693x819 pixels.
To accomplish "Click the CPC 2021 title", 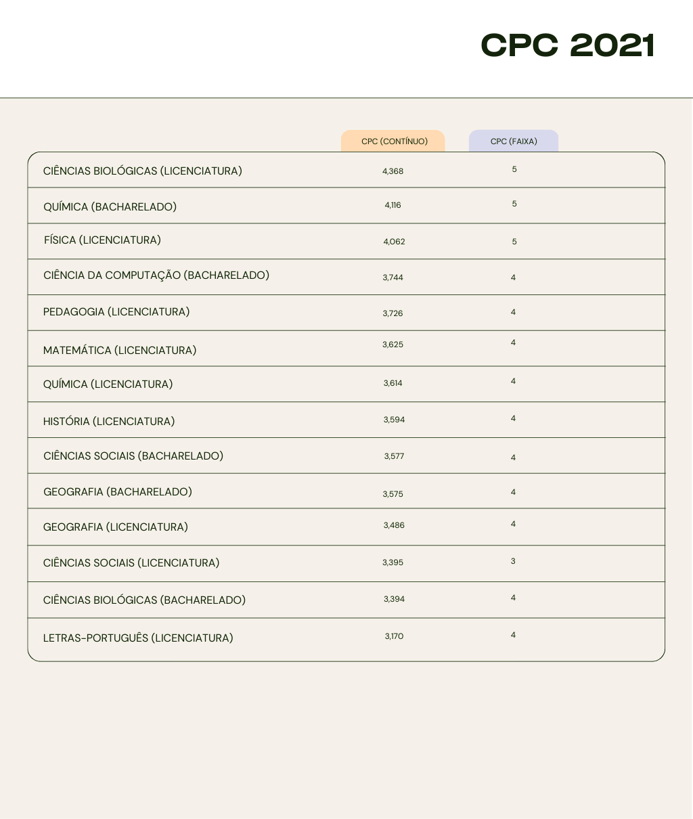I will (x=567, y=46).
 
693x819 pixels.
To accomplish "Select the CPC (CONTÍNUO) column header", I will (x=394, y=141).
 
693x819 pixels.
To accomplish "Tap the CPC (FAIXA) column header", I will (x=514, y=141).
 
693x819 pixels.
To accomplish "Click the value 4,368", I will (x=393, y=171).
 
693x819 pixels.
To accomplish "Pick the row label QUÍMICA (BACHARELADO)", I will (x=110, y=206).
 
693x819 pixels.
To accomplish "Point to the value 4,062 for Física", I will (x=394, y=242).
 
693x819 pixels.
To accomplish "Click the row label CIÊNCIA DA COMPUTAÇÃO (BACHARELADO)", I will (x=156, y=275).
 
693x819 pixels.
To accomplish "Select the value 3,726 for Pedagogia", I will (x=393, y=313).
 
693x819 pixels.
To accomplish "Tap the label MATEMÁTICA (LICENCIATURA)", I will (x=120, y=350).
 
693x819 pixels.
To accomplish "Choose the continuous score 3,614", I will (x=393, y=383).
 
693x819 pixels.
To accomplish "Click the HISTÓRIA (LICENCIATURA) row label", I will (x=109, y=421).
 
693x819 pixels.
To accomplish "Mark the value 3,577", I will (x=394, y=456).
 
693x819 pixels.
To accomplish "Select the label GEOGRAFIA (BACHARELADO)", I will (x=118, y=492).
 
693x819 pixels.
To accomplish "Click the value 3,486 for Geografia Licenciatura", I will (x=394, y=525).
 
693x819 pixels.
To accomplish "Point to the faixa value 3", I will (x=513, y=561).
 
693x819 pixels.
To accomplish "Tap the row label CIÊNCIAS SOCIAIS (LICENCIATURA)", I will (x=131, y=562).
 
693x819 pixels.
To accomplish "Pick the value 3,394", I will (x=394, y=599).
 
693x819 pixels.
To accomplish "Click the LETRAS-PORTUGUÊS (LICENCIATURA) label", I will (x=138, y=638).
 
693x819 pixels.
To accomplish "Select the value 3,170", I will (x=394, y=636).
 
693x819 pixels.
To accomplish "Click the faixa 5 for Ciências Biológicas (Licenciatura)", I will (x=514, y=169).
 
